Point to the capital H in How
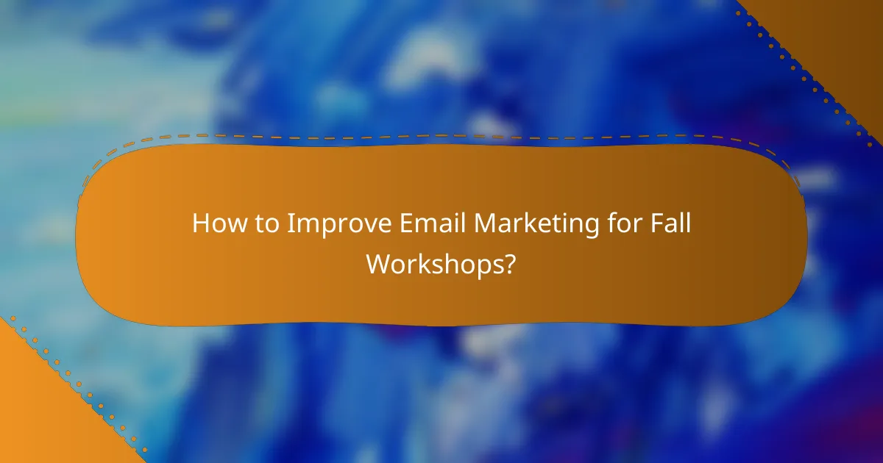click(201, 224)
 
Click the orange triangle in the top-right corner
click(839, 37)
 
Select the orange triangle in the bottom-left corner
click(37, 419)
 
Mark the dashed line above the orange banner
click(441, 135)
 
